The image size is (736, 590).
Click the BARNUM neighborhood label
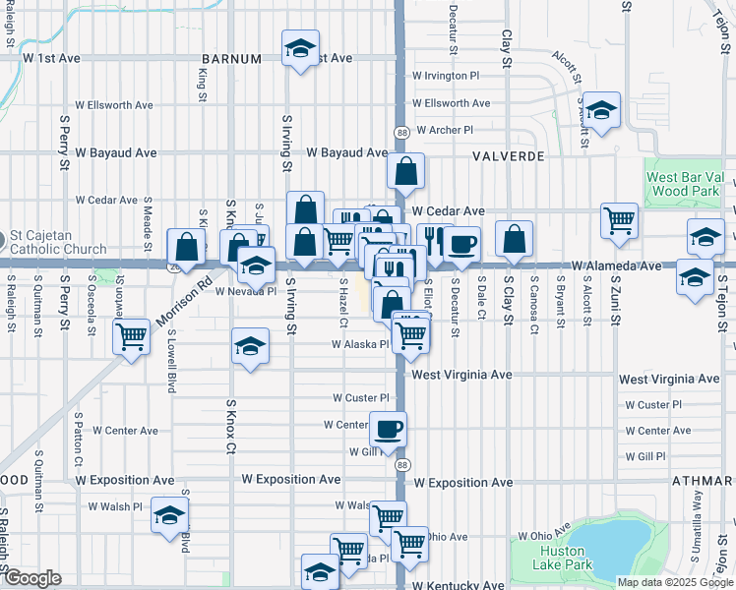pos(232,59)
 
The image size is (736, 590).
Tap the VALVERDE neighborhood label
pos(508,156)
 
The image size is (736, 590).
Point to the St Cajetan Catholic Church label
pos(57,242)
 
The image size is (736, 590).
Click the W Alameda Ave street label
pos(617,265)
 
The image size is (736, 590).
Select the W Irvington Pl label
pos(446,75)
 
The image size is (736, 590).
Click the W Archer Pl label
pos(444,130)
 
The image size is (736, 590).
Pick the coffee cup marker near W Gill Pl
pos(388,428)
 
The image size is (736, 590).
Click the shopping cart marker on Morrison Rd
pos(131,336)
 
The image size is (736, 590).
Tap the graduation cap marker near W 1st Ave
pos(300,47)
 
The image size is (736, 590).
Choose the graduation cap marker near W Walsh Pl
pos(170,514)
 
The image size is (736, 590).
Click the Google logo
pos(32,578)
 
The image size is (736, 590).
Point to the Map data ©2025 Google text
pos(674,582)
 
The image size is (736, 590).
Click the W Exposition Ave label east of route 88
pos(462,483)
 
